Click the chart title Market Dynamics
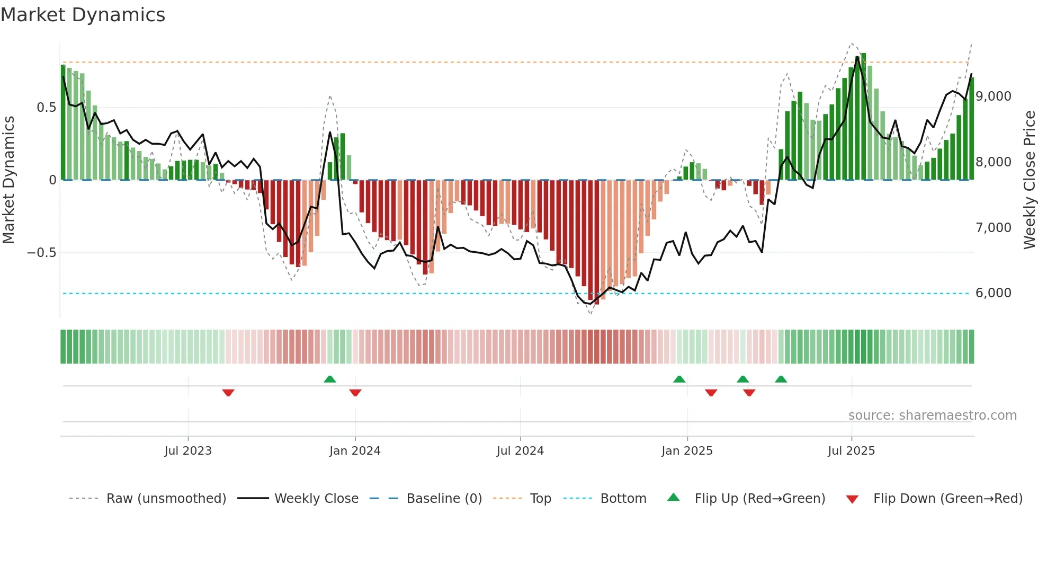pyautogui.click(x=83, y=15)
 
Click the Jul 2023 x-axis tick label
pyautogui.click(x=187, y=451)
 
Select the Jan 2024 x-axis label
pyautogui.click(x=355, y=451)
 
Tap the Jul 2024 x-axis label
pyautogui.click(x=520, y=451)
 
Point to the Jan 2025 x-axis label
pyautogui.click(x=687, y=451)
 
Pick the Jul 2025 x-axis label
pyautogui.click(x=851, y=451)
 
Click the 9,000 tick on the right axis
pyautogui.click(x=994, y=96)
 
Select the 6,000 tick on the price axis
pyautogui.click(x=994, y=293)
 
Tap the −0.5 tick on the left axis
pyautogui.click(x=42, y=253)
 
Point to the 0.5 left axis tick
pyautogui.click(x=46, y=108)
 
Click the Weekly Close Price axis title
pyautogui.click(x=1029, y=180)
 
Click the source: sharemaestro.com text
pyautogui.click(x=932, y=415)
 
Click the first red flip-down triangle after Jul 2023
pyautogui.click(x=228, y=393)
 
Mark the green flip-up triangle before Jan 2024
pyautogui.click(x=330, y=379)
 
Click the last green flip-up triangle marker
pyautogui.click(x=781, y=379)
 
